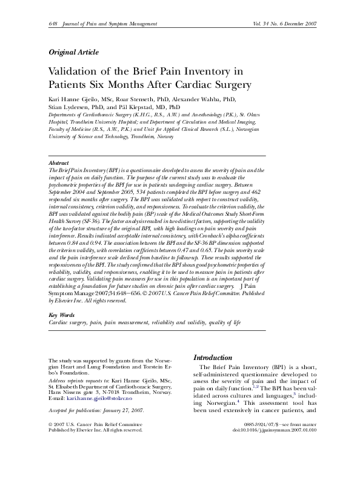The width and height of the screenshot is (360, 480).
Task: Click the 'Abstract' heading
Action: (58, 164)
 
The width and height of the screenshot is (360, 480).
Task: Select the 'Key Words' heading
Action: (61, 316)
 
